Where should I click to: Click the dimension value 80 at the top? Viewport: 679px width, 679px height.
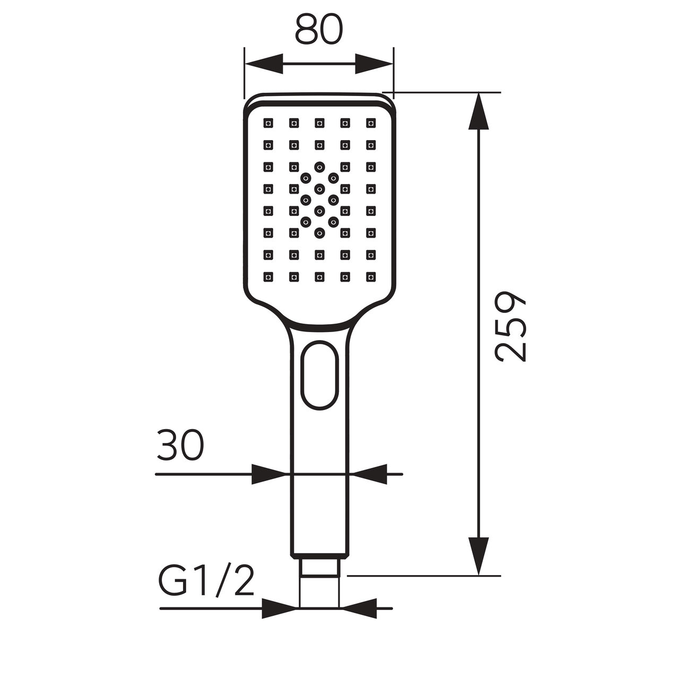pos(319,30)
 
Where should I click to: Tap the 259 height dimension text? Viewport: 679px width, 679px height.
pos(510,326)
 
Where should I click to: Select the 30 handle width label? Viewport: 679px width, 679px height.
pos(180,445)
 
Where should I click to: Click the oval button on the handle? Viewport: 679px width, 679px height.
pos(319,375)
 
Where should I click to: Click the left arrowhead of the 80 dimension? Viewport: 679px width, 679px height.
pos(264,64)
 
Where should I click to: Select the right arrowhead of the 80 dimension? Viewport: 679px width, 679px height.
pos(374,64)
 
